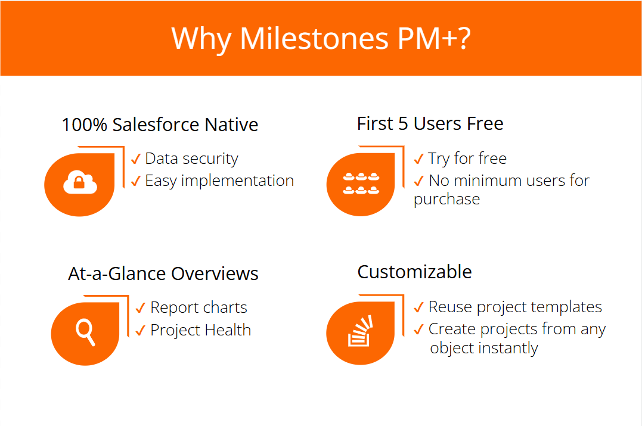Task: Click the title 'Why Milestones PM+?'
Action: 321,39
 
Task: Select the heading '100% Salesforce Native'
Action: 160,125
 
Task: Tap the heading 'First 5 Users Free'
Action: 430,123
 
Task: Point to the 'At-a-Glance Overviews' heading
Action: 163,273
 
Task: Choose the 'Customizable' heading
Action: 414,272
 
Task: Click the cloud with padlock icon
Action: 80,182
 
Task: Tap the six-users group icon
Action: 361,184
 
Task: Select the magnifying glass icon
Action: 86,332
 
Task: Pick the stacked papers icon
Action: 360,331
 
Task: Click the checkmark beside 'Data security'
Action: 136,158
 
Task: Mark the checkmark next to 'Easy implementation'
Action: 136,181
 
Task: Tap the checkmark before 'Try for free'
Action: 418,158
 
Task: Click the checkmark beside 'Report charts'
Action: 141,308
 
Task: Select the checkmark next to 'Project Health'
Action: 141,330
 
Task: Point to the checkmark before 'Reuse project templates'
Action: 418,307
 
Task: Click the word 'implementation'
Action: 237,181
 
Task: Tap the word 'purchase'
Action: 446,200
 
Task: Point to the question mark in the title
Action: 464,39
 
